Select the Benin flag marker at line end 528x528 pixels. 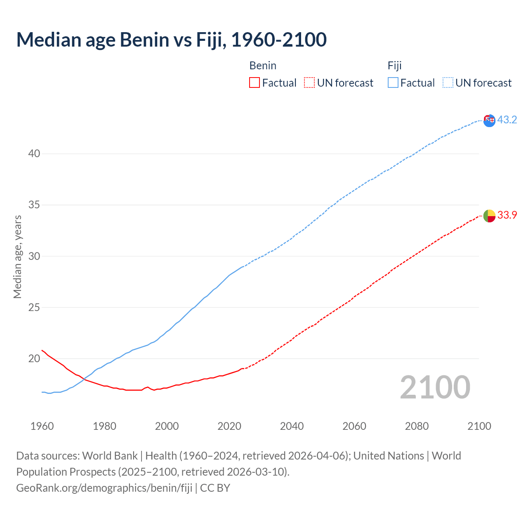[x=489, y=216]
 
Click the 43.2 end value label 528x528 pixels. [x=507, y=120]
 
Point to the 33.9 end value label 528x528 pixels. [x=507, y=215]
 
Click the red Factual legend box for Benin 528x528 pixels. [x=255, y=83]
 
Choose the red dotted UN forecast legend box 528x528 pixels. [x=309, y=83]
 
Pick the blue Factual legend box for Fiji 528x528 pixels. [x=393, y=83]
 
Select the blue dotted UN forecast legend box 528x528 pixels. [x=448, y=83]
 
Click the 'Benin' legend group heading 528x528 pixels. [x=263, y=66]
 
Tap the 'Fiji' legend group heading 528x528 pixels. [x=394, y=66]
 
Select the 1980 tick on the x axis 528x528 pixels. [x=104, y=426]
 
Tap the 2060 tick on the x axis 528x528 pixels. [x=354, y=426]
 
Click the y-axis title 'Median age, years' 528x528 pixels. [x=17, y=257]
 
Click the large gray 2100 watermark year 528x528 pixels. [x=435, y=387]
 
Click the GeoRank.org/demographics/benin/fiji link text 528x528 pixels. [x=104, y=488]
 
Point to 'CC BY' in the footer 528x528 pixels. [x=215, y=488]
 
